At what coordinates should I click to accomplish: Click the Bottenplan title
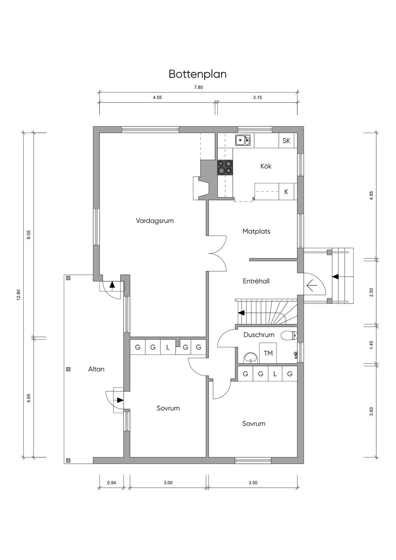pos(198,74)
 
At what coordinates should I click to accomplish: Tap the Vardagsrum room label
pos(155,221)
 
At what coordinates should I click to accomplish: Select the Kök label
pos(266,166)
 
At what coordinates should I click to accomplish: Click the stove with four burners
pos(225,167)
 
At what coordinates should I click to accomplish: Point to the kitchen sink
pos(242,140)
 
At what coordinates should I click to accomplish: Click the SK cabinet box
pos(287,140)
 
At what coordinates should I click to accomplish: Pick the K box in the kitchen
pos(286,191)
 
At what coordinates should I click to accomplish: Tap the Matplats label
pos(256,231)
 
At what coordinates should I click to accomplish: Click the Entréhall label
pos(256,281)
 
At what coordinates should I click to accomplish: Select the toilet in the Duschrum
pos(289,336)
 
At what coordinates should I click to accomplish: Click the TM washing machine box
pos(268,353)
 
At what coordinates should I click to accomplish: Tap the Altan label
pos(96,369)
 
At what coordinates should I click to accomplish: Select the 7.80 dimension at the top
pos(198,87)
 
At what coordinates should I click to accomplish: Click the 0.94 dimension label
pos(111,483)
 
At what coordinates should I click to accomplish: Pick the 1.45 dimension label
pos(371,345)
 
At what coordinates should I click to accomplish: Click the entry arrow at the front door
pos(312,285)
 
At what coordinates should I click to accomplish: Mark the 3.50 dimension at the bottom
pos(253,483)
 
